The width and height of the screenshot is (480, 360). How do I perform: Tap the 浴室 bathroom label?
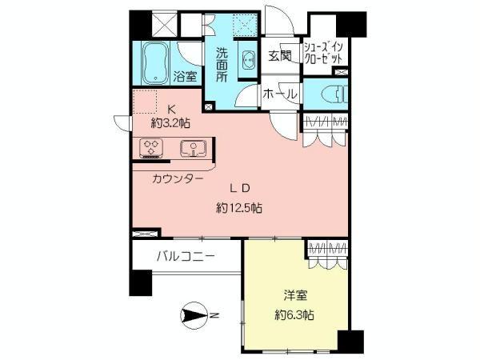click(186, 78)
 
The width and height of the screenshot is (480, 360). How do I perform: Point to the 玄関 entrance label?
click(279, 57)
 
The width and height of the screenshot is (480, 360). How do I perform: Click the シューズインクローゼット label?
click(325, 53)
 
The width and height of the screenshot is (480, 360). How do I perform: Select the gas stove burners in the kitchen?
click(152, 147)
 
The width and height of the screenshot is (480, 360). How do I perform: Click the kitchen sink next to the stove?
click(192, 147)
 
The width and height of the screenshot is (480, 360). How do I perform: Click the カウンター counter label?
click(177, 179)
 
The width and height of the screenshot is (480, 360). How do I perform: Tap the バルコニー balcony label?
click(185, 257)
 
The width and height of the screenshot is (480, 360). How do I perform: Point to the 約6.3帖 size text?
click(294, 314)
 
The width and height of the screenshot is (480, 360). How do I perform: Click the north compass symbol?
click(195, 316)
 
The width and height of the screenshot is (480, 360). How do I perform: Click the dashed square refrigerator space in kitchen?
click(145, 102)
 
